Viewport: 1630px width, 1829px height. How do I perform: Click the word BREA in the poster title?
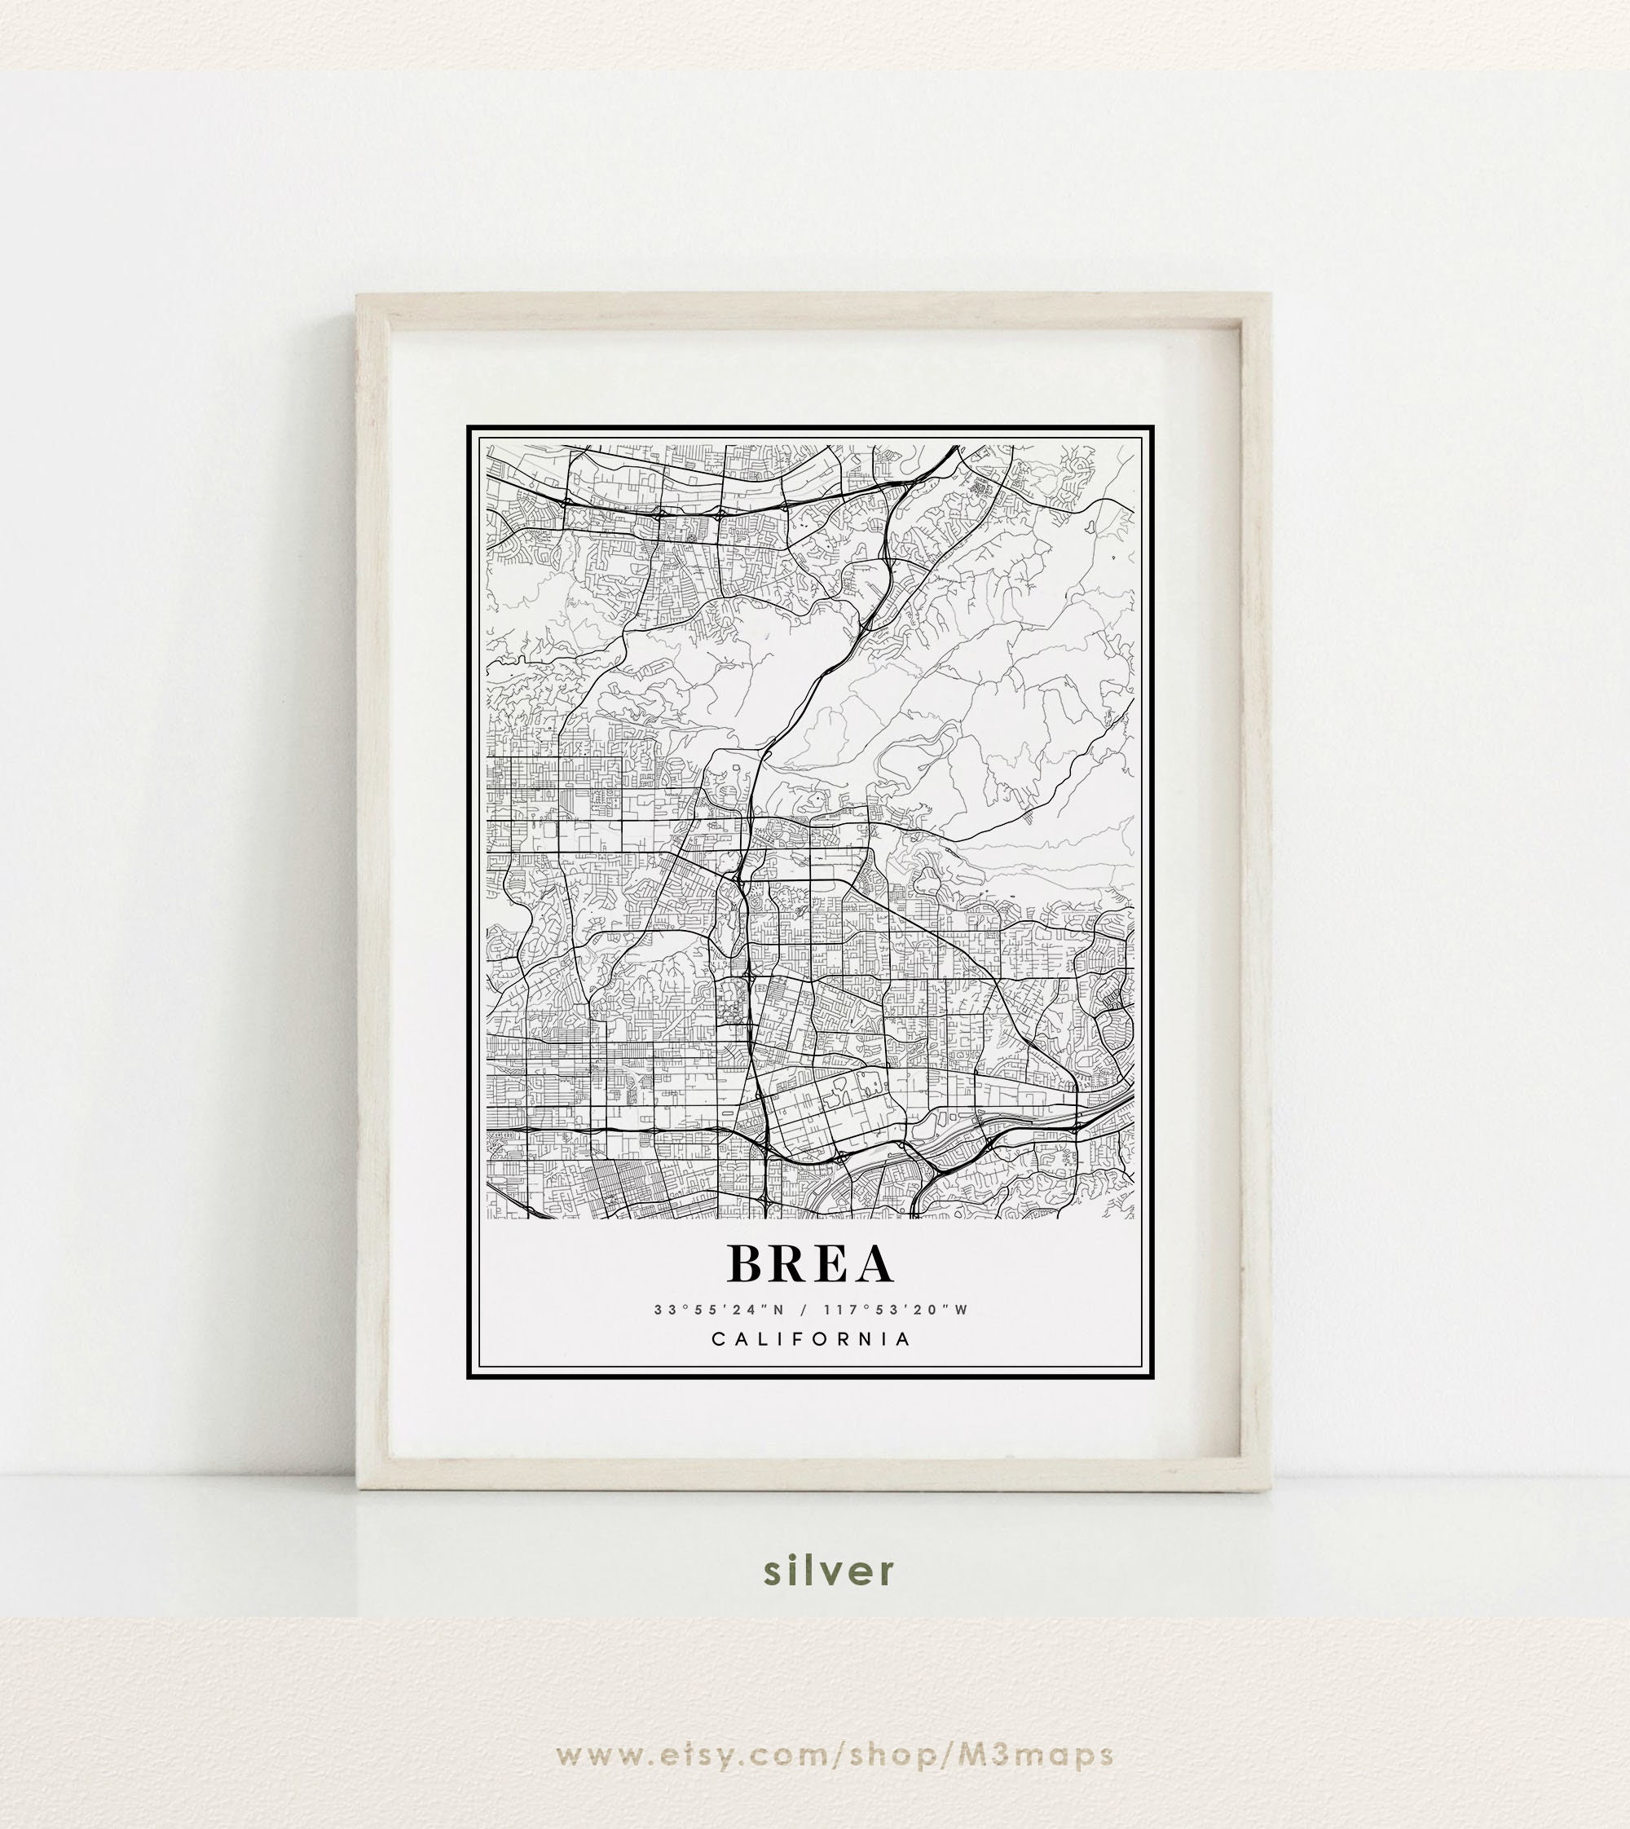(x=811, y=1264)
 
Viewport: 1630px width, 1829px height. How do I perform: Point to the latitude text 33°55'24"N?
(x=718, y=1311)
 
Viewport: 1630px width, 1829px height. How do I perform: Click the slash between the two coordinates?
(x=804, y=1311)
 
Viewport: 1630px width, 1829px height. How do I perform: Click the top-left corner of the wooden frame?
(x=359, y=295)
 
